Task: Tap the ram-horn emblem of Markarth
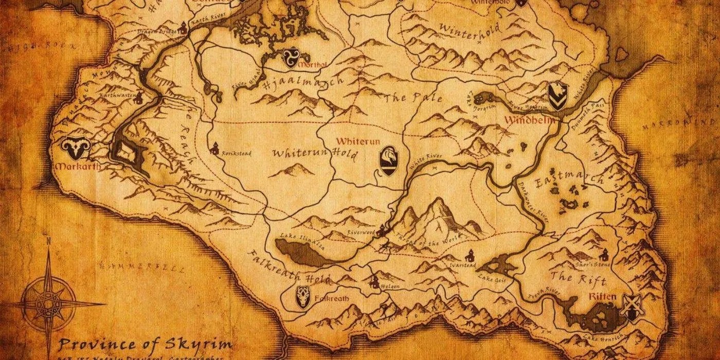76,149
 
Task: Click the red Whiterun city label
353,140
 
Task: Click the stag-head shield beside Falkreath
303,297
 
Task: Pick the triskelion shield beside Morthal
290,59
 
